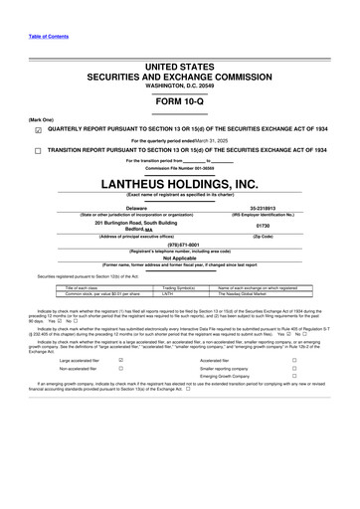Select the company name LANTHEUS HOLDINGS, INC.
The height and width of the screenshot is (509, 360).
[180, 184]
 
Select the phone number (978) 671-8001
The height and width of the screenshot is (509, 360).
[180, 244]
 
